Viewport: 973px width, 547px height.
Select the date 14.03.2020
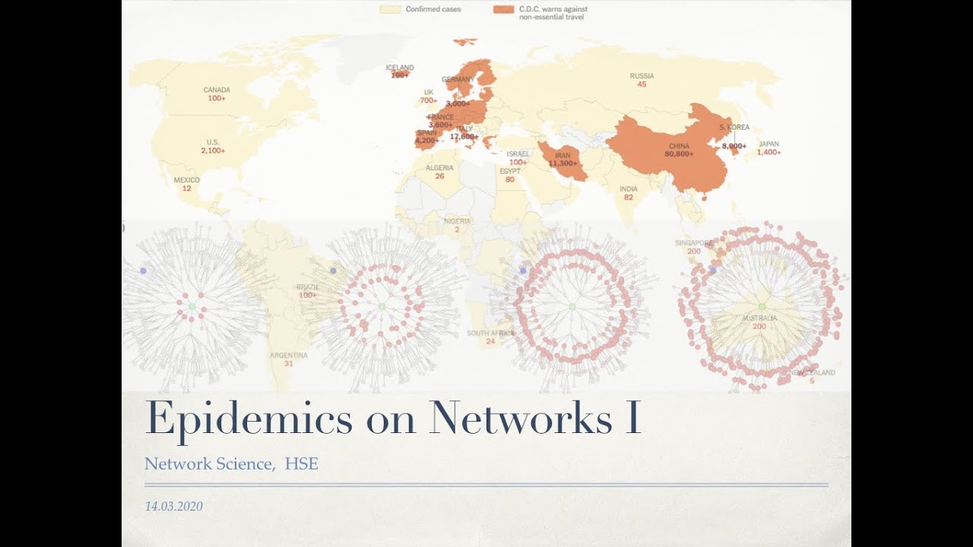[x=173, y=506]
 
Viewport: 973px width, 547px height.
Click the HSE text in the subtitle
[x=301, y=463]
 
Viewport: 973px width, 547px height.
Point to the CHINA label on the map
[x=679, y=145]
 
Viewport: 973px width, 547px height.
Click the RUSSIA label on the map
[x=642, y=76]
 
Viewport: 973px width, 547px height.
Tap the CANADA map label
[x=217, y=90]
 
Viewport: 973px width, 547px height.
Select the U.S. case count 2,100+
[x=214, y=151]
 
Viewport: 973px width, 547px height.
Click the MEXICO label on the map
[x=187, y=180]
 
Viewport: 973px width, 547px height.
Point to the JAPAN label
[x=769, y=144]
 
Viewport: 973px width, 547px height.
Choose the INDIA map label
[x=628, y=189]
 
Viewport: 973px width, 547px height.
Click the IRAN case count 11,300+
[x=563, y=163]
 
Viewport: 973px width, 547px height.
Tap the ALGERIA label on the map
[x=439, y=168]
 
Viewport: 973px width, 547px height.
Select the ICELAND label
[x=400, y=68]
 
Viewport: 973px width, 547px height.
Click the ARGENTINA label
[x=289, y=355]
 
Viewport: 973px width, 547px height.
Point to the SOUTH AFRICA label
[x=490, y=334]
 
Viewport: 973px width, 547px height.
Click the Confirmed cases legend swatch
[x=390, y=9]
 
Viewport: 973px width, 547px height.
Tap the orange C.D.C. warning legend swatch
[x=502, y=9]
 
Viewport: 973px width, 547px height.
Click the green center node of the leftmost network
[x=192, y=306]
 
